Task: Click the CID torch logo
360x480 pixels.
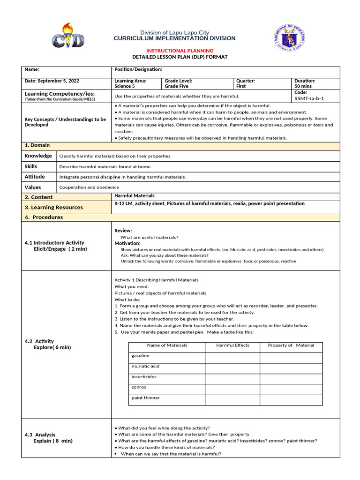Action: (68, 36)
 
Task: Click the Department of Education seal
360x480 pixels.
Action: (290, 38)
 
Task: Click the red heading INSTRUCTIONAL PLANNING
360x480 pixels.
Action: (180, 51)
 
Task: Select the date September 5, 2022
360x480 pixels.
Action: (52, 81)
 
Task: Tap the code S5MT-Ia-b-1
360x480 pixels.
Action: (309, 99)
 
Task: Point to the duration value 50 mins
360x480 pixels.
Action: (304, 86)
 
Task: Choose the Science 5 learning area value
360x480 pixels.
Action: (125, 86)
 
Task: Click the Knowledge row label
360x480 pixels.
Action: (38, 156)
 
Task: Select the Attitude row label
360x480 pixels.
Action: (35, 177)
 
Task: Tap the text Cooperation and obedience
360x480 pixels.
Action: (89, 187)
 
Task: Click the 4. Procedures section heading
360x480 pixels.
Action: (44, 217)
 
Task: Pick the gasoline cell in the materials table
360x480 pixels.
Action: (141, 356)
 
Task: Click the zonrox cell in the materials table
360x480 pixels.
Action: (139, 387)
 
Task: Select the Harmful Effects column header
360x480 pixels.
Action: (232, 345)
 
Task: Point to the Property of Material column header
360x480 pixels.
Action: (291, 345)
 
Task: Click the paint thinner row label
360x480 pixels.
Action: (146, 398)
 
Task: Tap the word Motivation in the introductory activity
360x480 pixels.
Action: (127, 243)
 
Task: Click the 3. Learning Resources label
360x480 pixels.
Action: (53, 207)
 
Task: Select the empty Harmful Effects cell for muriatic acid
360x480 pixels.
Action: (232, 367)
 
